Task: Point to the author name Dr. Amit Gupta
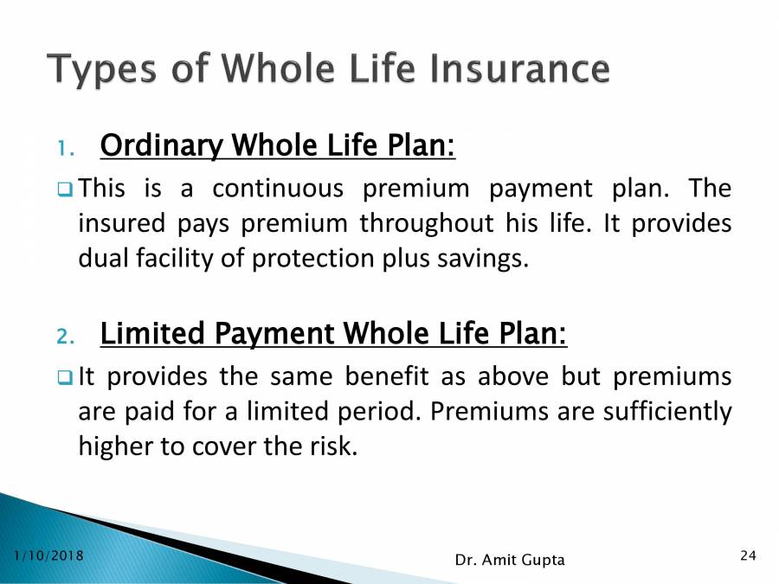[x=509, y=561]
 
